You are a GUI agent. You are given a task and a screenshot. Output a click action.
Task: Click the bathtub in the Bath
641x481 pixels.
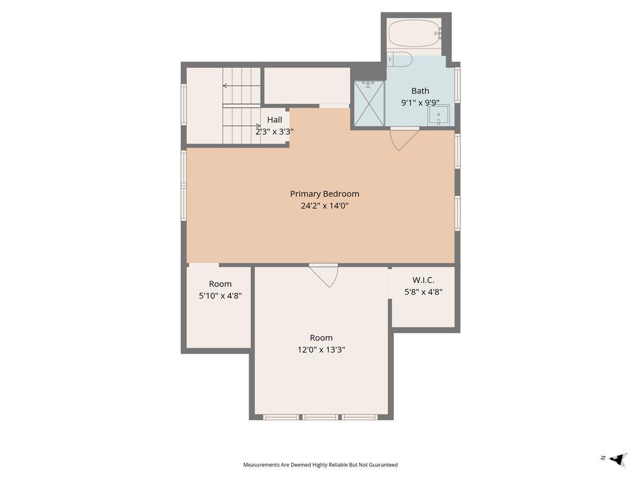point(414,33)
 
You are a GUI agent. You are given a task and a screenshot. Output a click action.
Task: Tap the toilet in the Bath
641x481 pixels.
point(400,59)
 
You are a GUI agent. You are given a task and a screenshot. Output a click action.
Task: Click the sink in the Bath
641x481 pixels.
point(439,114)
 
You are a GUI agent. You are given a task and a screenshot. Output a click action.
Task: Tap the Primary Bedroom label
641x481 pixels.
point(324,193)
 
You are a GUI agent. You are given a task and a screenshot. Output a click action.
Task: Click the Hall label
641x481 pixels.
point(275,120)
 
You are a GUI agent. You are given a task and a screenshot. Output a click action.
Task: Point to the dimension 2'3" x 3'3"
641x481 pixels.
point(274,131)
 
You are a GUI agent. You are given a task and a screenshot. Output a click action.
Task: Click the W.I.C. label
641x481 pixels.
point(423,280)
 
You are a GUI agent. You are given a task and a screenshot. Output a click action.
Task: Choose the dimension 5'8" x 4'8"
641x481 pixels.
point(423,292)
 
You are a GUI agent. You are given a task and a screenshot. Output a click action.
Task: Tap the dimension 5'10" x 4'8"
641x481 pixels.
point(220,296)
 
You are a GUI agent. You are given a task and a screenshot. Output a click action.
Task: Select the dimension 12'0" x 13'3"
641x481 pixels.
point(321,350)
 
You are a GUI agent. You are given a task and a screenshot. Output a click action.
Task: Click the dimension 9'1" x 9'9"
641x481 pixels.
point(420,103)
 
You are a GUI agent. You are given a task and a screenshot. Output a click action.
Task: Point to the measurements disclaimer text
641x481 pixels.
point(320,465)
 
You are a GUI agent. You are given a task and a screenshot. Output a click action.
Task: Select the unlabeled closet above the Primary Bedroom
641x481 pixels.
point(307,86)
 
